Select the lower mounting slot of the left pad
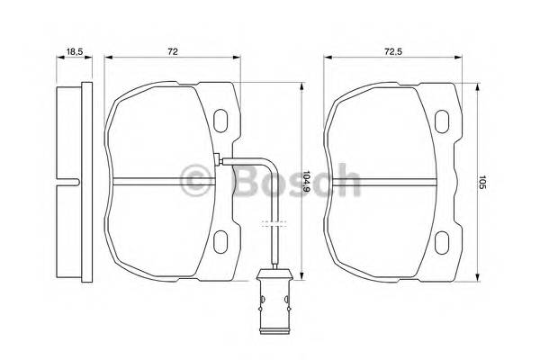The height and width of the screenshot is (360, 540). tap(221, 240)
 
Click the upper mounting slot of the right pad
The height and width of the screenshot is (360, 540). tap(442, 119)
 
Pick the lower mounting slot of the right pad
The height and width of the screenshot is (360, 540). tap(442, 241)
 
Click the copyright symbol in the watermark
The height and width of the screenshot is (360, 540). tap(196, 181)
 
